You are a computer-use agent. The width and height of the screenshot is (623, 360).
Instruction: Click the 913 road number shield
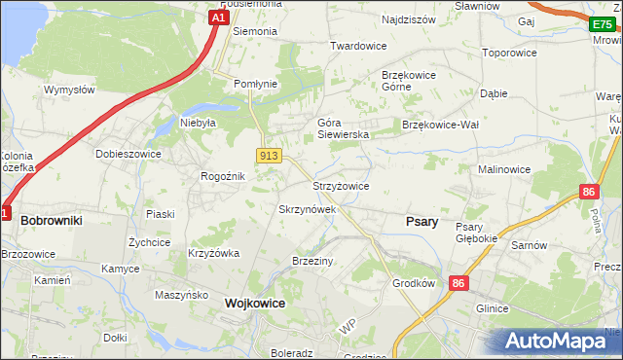[x=270, y=156]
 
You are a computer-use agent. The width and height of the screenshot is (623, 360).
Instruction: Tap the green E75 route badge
[x=603, y=23]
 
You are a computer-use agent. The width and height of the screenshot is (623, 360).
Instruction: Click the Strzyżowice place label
[x=340, y=185]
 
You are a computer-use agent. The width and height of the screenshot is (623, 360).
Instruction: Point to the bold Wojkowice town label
[x=254, y=303]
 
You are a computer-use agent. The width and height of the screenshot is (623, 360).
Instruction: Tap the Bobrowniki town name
[x=51, y=221]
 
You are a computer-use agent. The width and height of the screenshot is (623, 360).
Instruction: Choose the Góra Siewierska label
[x=343, y=128]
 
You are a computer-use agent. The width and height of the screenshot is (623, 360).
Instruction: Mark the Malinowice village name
[x=503, y=168]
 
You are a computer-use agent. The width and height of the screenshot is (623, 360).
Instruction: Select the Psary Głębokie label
[x=476, y=233]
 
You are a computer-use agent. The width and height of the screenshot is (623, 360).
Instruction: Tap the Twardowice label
[x=358, y=46]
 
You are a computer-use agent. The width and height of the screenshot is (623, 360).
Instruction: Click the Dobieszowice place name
[x=127, y=154]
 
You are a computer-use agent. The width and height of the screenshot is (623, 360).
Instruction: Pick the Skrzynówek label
[x=307, y=209]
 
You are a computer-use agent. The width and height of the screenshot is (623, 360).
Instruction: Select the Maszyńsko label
[x=182, y=294]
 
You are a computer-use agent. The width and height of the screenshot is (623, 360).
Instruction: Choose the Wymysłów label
[x=69, y=90]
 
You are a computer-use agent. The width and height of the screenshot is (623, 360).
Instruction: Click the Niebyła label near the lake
[x=197, y=122]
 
